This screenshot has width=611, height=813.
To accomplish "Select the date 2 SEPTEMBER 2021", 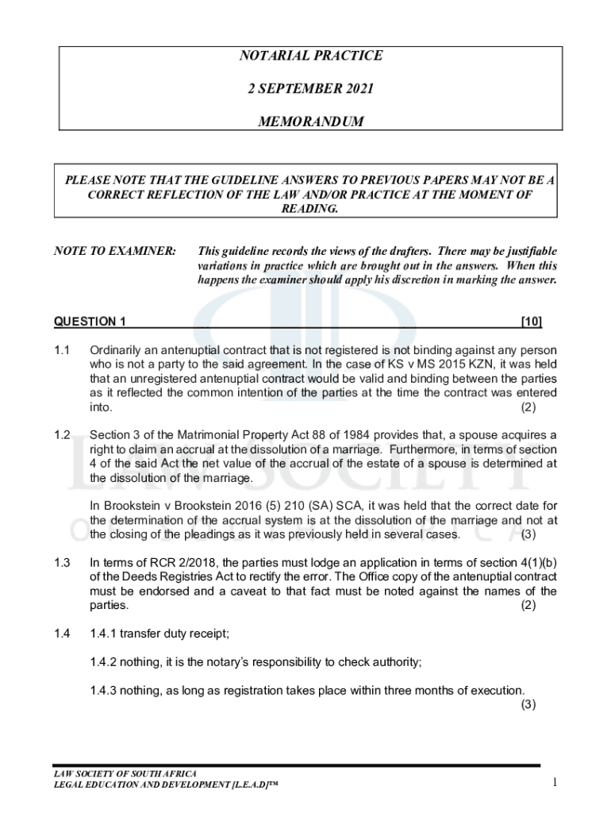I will click(x=311, y=89).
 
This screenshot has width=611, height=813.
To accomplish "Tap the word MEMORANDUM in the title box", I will click(x=311, y=122).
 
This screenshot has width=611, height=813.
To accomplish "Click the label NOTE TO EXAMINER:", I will click(x=115, y=251).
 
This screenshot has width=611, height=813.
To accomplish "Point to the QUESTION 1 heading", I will click(x=90, y=322).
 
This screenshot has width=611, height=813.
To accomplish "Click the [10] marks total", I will click(x=531, y=322).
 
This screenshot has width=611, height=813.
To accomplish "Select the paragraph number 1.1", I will click(x=63, y=350).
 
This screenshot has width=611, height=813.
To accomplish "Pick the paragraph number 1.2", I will click(x=63, y=435).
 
